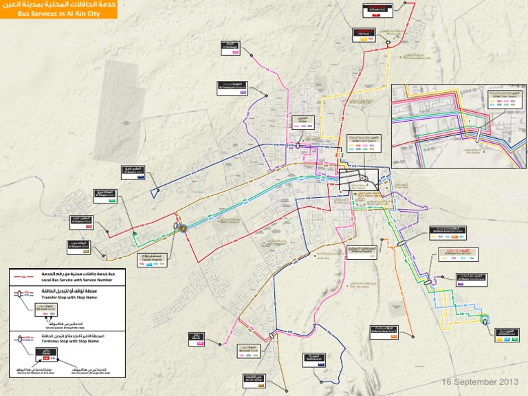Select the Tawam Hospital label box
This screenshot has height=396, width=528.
pos(157,260)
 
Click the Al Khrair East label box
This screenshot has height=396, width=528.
pos(507,334)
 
